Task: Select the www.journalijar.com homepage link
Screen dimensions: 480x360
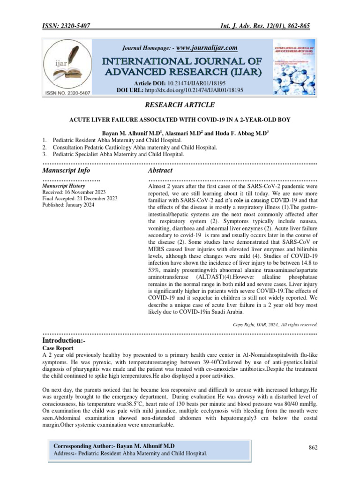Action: point(207,48)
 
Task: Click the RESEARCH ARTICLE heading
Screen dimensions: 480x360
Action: point(180,105)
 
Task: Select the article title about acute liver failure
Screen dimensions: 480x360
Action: point(180,120)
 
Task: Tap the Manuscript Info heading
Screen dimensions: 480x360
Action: point(66,170)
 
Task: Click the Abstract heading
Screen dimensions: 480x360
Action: point(160,170)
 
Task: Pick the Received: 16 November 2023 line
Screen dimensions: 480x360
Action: point(74,192)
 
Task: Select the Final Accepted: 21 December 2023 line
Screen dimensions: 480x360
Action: point(80,198)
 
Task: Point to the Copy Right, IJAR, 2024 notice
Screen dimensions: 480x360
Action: point(275,324)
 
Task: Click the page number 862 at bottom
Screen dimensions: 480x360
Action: point(313,448)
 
